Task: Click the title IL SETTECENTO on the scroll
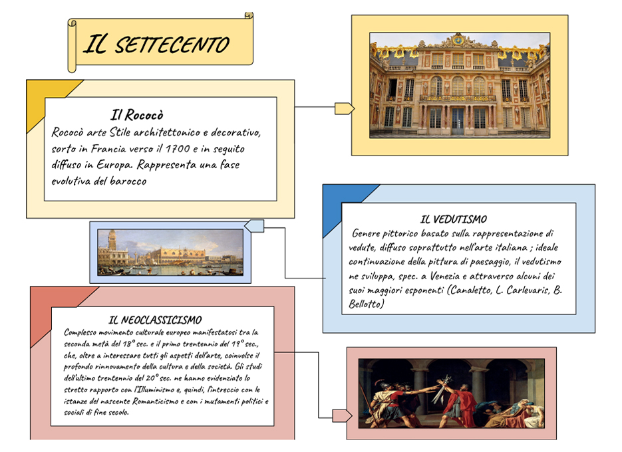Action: (156, 44)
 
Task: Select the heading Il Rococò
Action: (137, 115)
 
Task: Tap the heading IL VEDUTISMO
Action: (454, 219)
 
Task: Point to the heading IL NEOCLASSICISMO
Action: (155, 320)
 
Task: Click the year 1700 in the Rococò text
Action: (178, 149)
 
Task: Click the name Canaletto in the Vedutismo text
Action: (470, 290)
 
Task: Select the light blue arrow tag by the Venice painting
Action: (254, 226)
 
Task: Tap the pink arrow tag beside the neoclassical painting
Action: (342, 415)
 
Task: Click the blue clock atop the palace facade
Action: (458, 40)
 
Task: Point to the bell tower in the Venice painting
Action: (112, 244)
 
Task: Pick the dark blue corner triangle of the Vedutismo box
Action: (341, 202)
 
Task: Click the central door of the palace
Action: (458, 122)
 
